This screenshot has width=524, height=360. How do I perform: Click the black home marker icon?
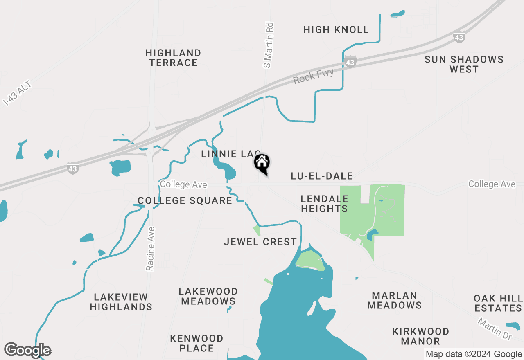tap(262, 163)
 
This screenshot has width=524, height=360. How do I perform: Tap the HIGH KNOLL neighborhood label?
tap(336, 29)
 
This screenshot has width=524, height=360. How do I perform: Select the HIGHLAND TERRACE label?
tap(173, 58)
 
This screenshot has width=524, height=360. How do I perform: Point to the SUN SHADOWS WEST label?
tap(464, 64)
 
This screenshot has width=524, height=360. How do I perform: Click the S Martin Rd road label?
tap(269, 45)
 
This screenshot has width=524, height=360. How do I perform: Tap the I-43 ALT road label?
tap(17, 94)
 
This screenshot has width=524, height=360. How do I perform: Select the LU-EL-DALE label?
tap(322, 176)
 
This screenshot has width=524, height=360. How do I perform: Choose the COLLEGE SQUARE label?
tap(185, 200)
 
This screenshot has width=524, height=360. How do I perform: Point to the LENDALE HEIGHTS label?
tap(324, 204)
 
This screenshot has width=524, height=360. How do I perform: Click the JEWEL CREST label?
tap(260, 242)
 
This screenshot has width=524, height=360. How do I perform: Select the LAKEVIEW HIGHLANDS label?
tap(121, 302)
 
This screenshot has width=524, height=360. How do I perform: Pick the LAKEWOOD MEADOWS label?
tap(208, 297)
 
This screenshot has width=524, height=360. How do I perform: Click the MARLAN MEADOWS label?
tap(395, 300)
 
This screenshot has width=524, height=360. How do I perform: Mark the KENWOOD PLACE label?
tap(197, 343)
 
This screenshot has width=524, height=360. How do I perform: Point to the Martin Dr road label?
tap(495, 328)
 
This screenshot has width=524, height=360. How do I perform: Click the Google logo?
tap(28, 350)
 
